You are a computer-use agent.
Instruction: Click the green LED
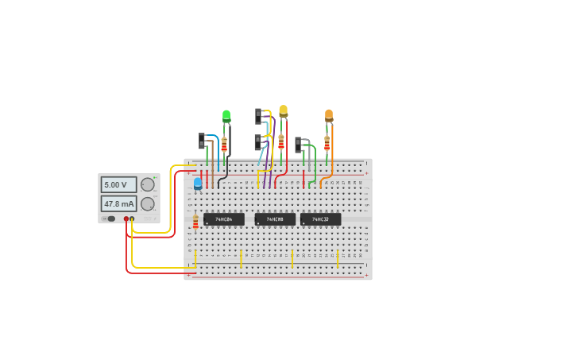pyautogui.click(x=226, y=115)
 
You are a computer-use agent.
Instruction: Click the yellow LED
pyautogui.click(x=283, y=110)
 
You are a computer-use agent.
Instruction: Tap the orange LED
pyautogui.click(x=329, y=115)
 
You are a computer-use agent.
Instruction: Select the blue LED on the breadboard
pyautogui.click(x=198, y=184)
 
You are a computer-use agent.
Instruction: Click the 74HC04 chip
pyautogui.click(x=223, y=219)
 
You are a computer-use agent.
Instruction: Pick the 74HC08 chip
pyautogui.click(x=275, y=219)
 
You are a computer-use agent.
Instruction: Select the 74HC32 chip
pyautogui.click(x=320, y=219)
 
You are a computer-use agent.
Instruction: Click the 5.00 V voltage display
pyautogui.click(x=118, y=184)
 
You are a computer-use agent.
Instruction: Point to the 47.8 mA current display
pyautogui.click(x=118, y=203)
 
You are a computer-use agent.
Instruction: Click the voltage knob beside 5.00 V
pyautogui.click(x=148, y=184)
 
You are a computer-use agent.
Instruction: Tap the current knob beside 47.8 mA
pyautogui.click(x=148, y=203)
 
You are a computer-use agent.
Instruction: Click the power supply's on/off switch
pyautogui.click(x=109, y=219)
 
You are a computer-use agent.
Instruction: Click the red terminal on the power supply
pyautogui.click(x=126, y=219)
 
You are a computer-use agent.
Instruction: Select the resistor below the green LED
pyautogui.click(x=224, y=145)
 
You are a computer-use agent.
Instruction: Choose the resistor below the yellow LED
pyautogui.click(x=280, y=142)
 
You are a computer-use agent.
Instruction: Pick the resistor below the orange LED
pyautogui.click(x=327, y=144)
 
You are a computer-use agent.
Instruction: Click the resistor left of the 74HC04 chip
pyautogui.click(x=195, y=222)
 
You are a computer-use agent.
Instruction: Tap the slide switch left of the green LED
pyautogui.click(x=202, y=141)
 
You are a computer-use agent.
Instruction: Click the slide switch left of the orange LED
pyautogui.click(x=298, y=145)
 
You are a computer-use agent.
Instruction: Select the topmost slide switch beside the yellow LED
pyautogui.click(x=258, y=116)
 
